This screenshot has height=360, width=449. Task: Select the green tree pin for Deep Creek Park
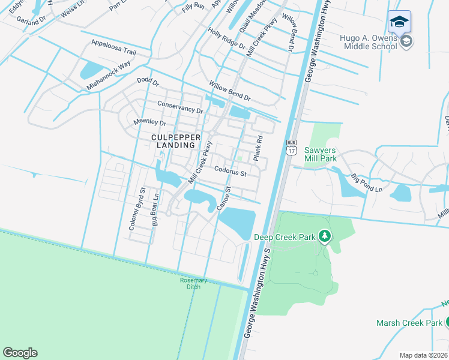pyautogui.click(x=325, y=237)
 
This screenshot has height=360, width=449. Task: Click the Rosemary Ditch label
pyautogui.click(x=193, y=283)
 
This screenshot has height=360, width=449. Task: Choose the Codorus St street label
pyautogui.click(x=231, y=173)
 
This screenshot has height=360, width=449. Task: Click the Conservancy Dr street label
pyautogui.click(x=180, y=107)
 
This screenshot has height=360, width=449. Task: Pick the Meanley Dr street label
pyautogui.click(x=149, y=122)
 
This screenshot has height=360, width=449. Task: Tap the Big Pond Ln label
pyautogui.click(x=366, y=182)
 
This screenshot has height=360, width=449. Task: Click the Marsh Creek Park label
pyautogui.click(x=409, y=323)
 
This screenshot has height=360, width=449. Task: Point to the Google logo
pyautogui.click(x=20, y=353)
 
